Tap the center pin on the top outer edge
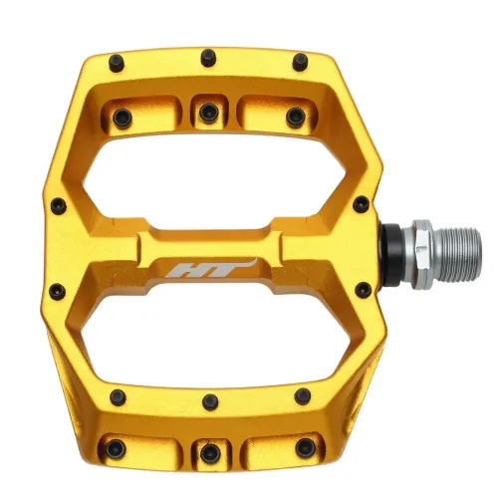pos(208,57)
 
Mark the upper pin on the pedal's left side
pos(59,208)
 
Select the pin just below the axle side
pos(362,290)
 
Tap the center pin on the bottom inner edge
pos(209,401)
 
